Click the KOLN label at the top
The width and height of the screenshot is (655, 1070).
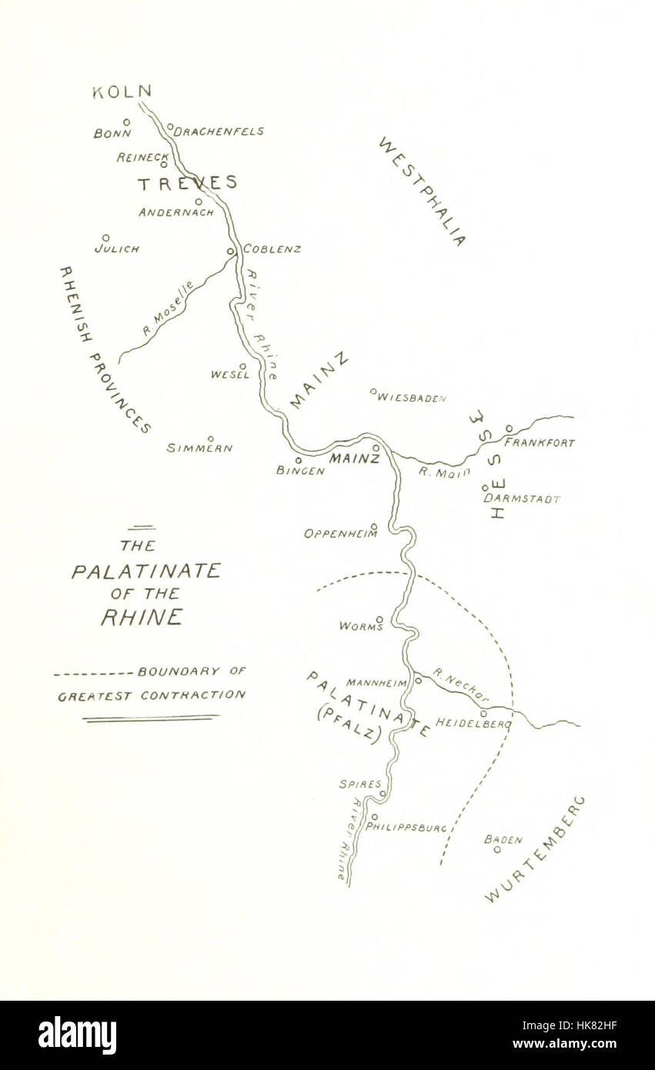pos(122,92)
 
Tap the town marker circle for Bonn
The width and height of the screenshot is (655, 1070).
pos(126,122)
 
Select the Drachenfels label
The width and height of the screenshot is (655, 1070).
pos(219,132)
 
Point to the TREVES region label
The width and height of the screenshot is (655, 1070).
pos(187,183)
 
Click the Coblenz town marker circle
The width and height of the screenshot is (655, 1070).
pos(230,251)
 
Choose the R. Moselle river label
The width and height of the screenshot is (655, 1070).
pos(169,309)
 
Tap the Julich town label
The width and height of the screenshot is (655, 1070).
pos(117,249)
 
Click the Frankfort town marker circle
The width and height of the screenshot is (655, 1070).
pos(509,429)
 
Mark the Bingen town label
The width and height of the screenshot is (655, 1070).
pos(300,471)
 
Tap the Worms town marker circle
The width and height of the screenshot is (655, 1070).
pos(379,619)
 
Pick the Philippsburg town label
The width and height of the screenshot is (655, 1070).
pos(406,828)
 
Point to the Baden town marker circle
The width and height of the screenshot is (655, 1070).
pos(497,850)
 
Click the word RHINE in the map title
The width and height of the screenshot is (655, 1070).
pos(142,617)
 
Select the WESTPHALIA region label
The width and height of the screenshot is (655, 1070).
pos(422,192)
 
